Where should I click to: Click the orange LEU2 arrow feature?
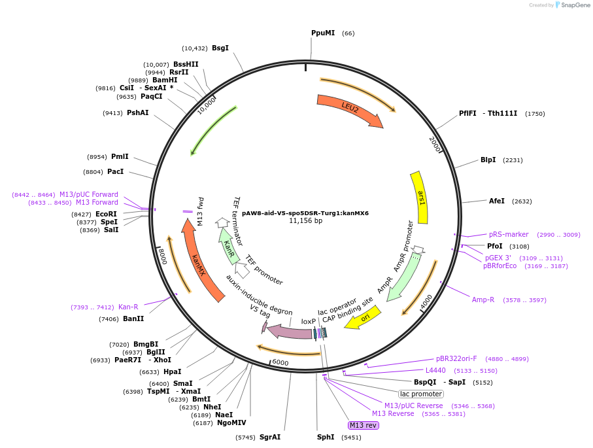[349, 109]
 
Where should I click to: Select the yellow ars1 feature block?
[420, 198]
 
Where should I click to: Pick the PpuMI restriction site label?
[323, 33]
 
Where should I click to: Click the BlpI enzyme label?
[488, 160]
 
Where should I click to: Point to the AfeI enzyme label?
[497, 201]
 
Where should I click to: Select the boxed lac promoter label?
[421, 394]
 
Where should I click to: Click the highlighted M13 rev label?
[364, 425]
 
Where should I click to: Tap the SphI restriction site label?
[326, 437]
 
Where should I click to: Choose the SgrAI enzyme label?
[270, 437]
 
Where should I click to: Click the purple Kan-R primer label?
[128, 307]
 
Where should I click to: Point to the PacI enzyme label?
[115, 171]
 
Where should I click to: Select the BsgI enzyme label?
[220, 48]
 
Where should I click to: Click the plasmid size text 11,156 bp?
[305, 221]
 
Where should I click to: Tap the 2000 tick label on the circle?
[435, 145]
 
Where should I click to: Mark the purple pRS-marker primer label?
[508, 234]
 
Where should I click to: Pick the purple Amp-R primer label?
[483, 300]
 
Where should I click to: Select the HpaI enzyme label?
[173, 371]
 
